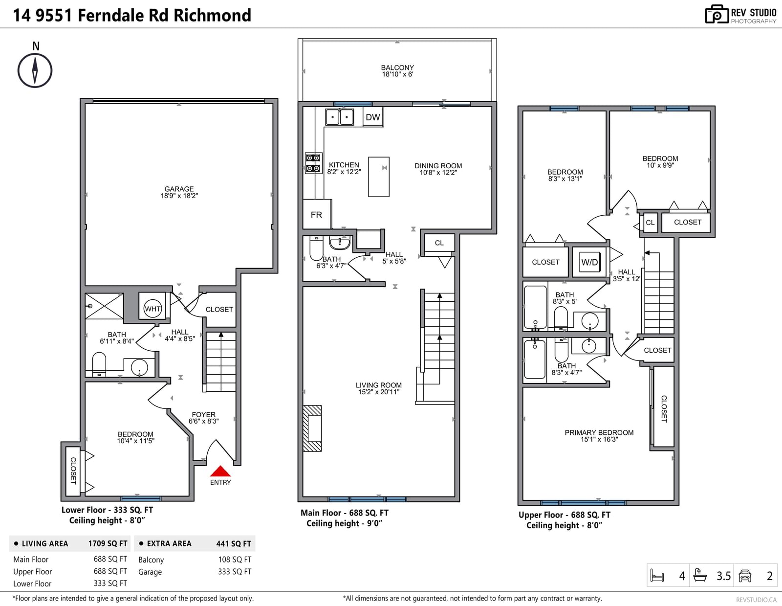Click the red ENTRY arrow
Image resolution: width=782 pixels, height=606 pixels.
coord(220,471)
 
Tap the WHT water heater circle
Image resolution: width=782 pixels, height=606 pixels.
coord(152,309)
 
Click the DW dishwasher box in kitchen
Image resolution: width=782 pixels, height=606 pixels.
coord(373,117)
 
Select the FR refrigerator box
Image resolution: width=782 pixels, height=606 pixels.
coord(316,215)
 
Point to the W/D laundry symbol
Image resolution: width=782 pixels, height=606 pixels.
coord(589,262)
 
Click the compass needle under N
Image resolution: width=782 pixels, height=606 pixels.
coord(35,70)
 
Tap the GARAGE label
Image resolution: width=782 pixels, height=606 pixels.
coord(179,189)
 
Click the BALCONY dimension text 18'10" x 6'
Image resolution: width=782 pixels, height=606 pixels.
coord(397,74)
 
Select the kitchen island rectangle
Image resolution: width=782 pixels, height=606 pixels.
coord(379,177)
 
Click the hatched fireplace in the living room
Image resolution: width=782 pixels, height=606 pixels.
coord(312,428)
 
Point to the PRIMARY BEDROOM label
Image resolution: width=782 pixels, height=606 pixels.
coord(599,432)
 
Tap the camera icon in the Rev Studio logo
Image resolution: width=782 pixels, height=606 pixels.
coord(717,14)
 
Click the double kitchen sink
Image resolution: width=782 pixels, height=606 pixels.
coord(339,117)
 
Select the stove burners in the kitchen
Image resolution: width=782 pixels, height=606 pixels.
coord(313,163)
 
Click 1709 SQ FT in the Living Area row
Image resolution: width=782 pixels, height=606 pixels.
coord(108,543)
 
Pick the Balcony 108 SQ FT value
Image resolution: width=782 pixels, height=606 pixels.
coord(235,559)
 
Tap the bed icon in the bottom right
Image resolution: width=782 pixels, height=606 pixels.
coord(657,575)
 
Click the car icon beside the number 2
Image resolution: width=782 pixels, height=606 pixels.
coord(745,576)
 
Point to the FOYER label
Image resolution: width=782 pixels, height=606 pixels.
coord(204,414)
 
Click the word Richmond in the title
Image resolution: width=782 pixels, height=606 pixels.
coord(212,15)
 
